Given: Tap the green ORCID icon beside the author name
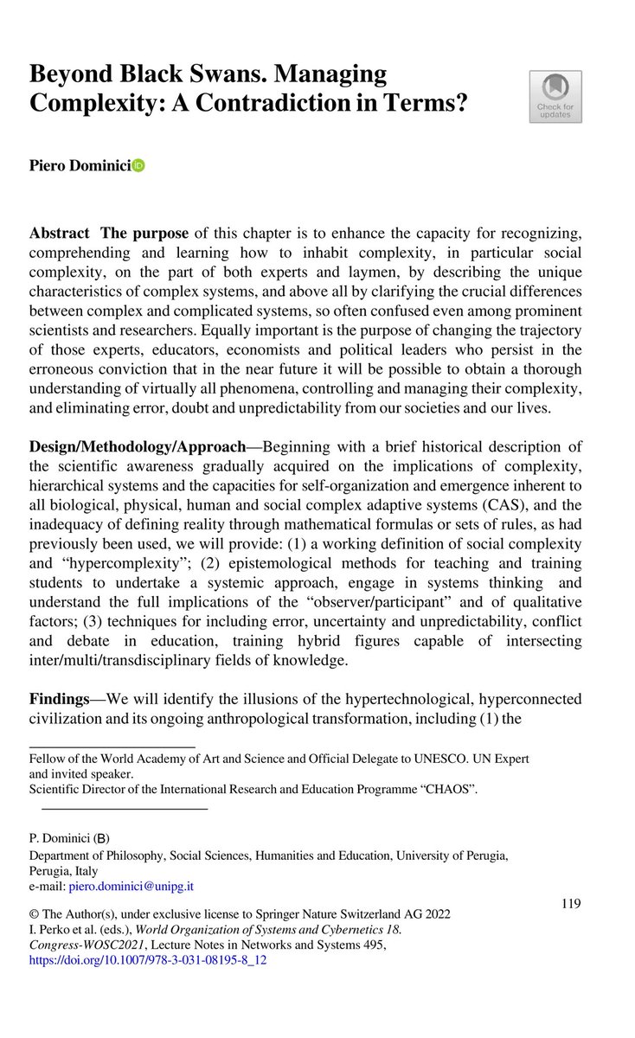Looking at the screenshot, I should coord(138,166).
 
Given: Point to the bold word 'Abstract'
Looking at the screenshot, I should coord(59,234).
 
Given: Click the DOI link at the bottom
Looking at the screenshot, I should coord(148,960).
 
